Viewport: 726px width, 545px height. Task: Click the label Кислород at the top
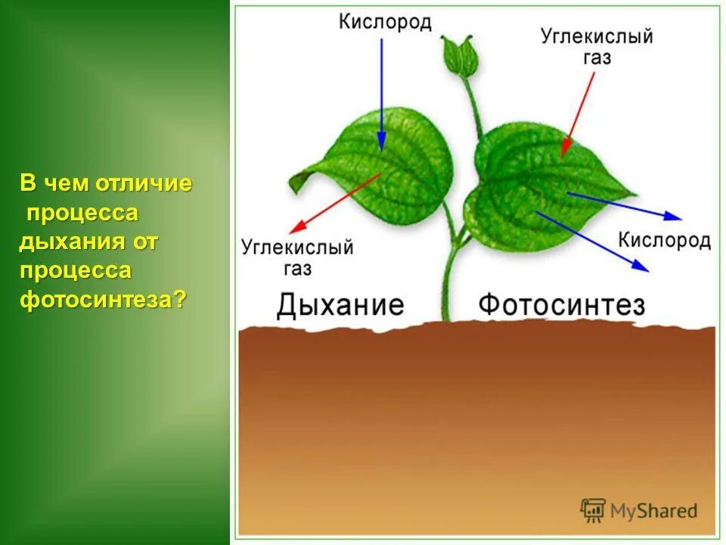385,22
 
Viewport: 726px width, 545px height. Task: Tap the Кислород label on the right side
664,240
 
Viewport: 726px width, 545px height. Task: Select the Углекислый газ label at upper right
597,45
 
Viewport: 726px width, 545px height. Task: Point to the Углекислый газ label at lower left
297,257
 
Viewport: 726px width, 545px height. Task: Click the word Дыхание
340,305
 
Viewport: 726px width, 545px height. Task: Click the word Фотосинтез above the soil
561,305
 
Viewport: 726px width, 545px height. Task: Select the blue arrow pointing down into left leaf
381,91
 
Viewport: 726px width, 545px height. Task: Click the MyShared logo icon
594,511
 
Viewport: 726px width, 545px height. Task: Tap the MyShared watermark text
655,512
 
